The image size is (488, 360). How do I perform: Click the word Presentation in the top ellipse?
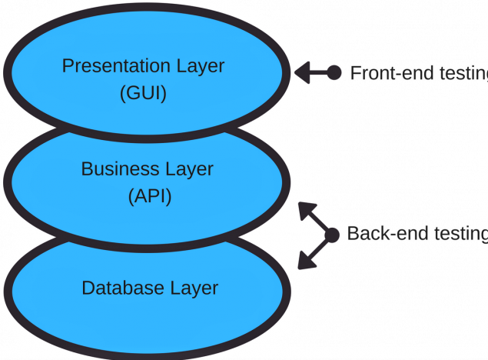(x=116, y=65)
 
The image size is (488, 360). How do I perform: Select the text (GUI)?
(x=143, y=93)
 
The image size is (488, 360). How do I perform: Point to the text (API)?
(x=150, y=196)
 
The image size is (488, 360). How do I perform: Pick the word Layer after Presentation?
(x=201, y=67)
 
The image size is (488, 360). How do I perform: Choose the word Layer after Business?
(x=189, y=170)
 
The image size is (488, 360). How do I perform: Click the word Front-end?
(x=392, y=73)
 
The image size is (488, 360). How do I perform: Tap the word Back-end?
(x=387, y=234)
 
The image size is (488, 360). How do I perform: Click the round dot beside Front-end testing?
(x=334, y=73)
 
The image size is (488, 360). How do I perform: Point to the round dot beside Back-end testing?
(x=332, y=235)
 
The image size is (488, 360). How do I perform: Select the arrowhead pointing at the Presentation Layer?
(x=303, y=72)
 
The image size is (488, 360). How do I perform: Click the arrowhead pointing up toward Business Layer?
(x=306, y=211)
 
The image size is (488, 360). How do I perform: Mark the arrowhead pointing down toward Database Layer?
(x=306, y=260)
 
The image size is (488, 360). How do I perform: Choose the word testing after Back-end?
(x=461, y=235)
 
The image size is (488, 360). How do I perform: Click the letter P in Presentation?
(x=68, y=65)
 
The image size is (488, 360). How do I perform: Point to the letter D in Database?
(x=88, y=288)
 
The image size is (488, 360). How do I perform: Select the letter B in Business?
(x=88, y=168)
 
